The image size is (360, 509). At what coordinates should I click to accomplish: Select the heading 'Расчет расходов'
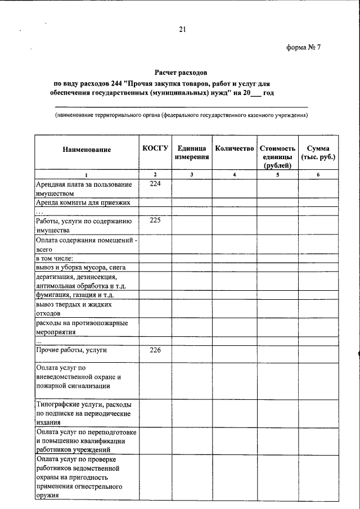tap(182, 73)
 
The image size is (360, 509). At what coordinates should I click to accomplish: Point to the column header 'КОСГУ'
tap(155, 148)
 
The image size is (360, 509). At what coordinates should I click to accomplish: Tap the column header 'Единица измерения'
tap(191, 153)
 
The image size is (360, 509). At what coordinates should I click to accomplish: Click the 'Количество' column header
tap(235, 149)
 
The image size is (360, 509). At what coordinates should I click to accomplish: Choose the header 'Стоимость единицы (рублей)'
tap(277, 156)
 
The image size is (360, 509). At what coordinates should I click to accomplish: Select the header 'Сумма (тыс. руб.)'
tap(318, 153)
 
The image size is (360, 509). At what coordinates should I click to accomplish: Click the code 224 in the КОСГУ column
tap(155, 184)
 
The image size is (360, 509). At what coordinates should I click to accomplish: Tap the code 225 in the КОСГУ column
tap(155, 220)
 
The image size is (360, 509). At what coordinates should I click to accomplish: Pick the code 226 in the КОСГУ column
tap(155, 350)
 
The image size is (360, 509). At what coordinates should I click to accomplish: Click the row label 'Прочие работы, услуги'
tap(71, 350)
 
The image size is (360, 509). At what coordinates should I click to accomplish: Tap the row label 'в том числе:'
tap(58, 258)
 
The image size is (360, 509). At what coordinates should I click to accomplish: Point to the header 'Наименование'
tap(87, 150)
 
